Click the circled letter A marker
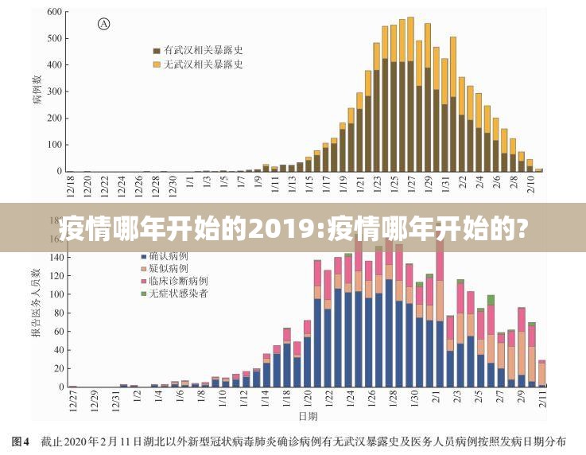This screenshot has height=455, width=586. pyautogui.click(x=103, y=24)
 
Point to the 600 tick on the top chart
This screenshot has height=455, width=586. pyautogui.click(x=54, y=13)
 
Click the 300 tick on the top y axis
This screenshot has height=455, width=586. pyautogui.click(x=54, y=92)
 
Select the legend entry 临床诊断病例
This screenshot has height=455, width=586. pyautogui.click(x=178, y=281)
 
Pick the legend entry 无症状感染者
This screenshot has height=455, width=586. pyautogui.click(x=178, y=294)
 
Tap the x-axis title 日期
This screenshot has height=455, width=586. pyautogui.click(x=308, y=415)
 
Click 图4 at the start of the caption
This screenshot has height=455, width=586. pyautogui.click(x=20, y=440)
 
